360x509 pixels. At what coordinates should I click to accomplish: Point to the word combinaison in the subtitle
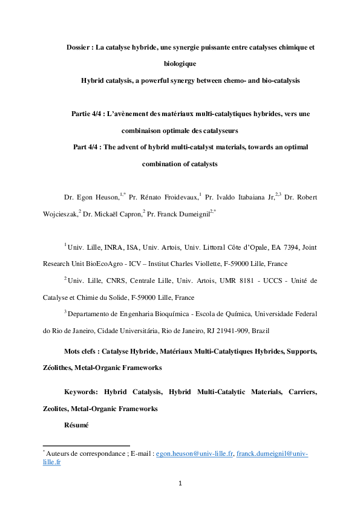145,131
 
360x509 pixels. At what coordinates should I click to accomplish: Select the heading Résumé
76,425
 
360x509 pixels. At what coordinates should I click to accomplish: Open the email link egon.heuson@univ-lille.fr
194,453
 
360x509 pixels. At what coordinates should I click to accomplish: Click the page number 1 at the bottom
180,483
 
